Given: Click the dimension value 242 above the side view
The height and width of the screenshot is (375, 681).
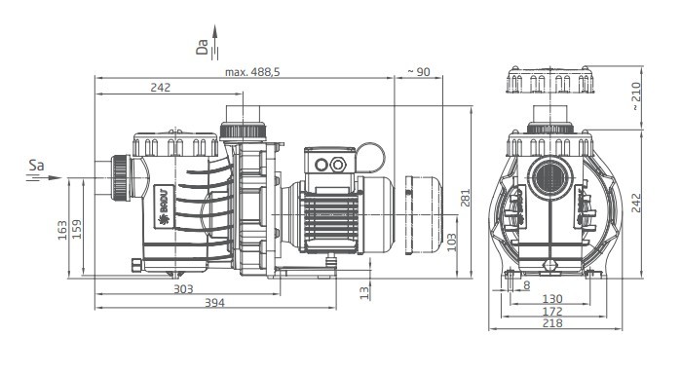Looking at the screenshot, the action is coord(161,88).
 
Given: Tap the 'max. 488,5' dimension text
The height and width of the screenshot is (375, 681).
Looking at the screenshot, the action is coord(252,72).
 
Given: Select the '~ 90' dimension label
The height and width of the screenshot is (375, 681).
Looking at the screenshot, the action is coord(418,72).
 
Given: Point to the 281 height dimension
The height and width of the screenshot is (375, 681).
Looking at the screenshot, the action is coord(465,198).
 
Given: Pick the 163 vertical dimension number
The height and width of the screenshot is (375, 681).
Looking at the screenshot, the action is coord(62,230).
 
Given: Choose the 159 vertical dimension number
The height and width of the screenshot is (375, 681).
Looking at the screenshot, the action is coord(76,229).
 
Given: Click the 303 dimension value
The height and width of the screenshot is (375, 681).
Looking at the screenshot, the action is coord(183,288).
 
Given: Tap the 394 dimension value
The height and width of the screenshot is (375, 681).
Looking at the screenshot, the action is coord(214,303).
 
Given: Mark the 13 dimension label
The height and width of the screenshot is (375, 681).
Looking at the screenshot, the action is coord(364,292).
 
